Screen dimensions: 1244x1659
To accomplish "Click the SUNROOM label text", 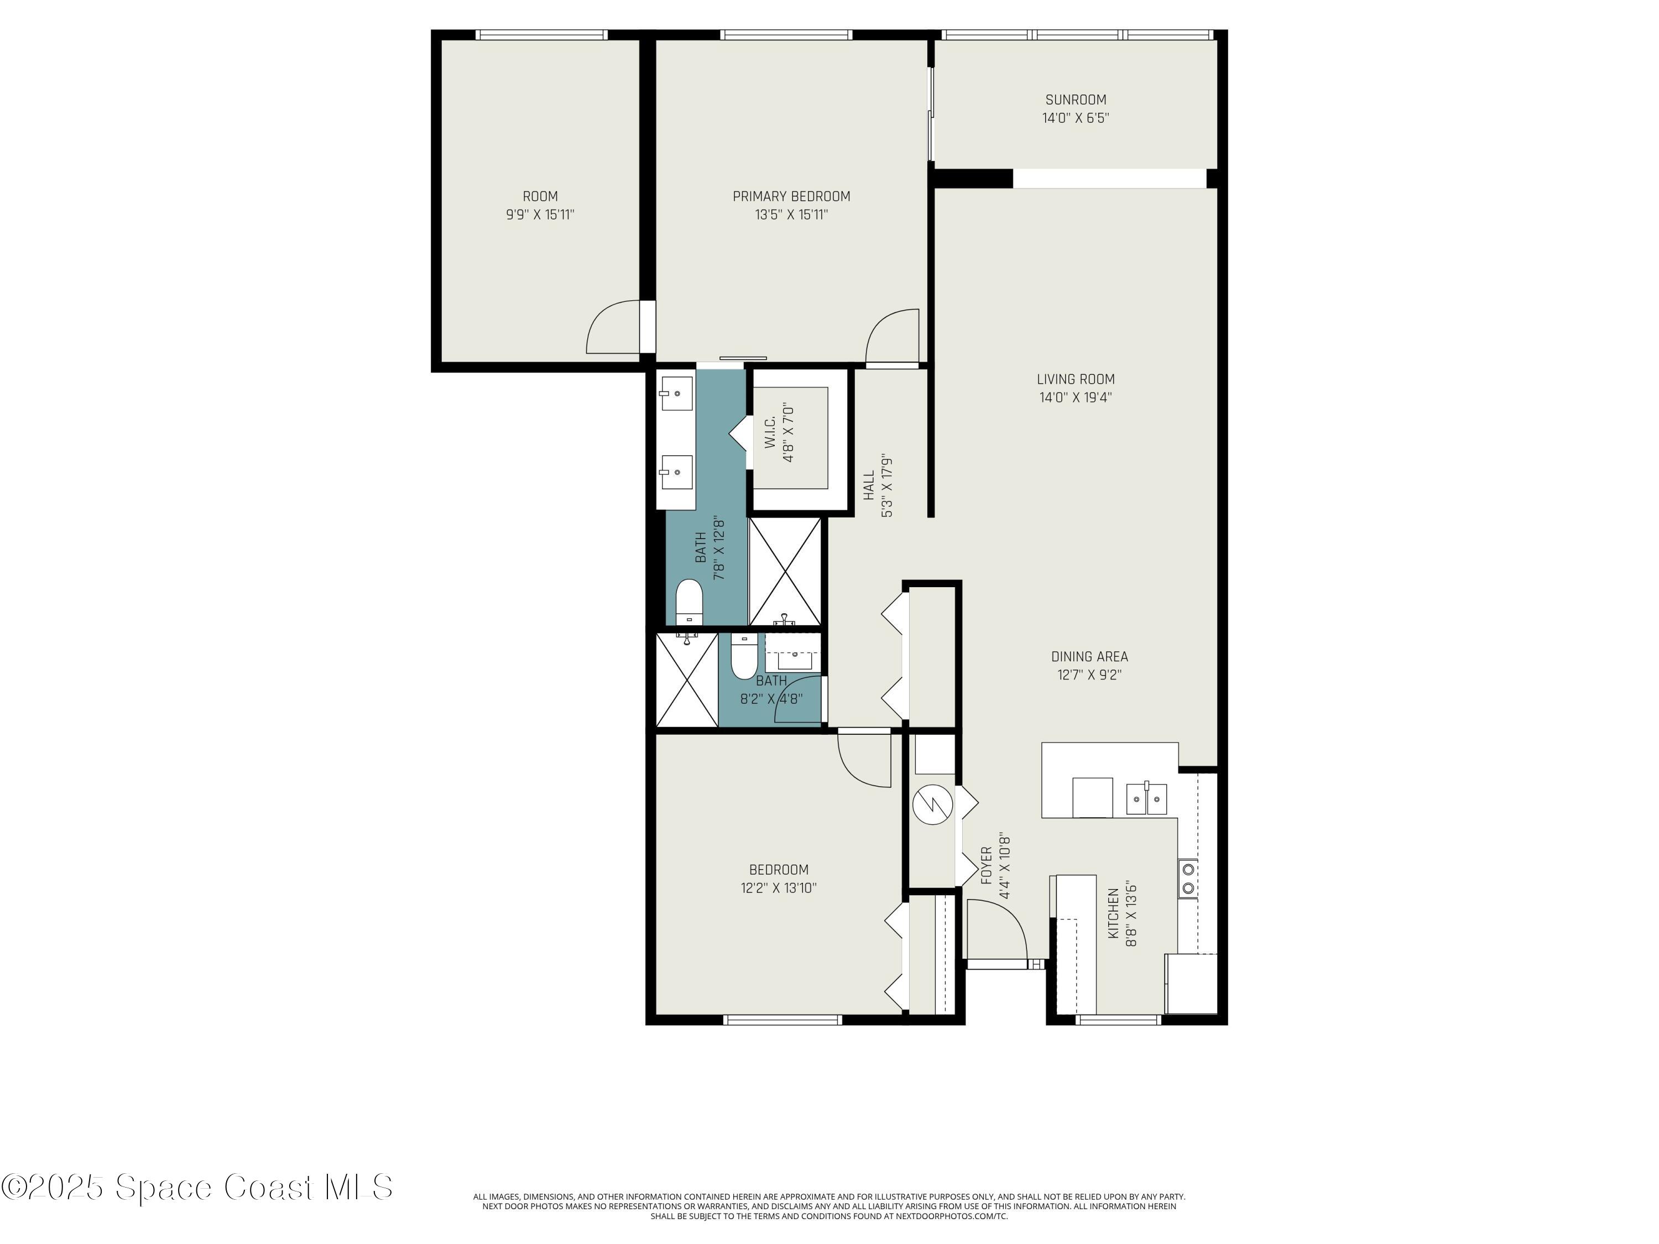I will pyautogui.click(x=1076, y=100).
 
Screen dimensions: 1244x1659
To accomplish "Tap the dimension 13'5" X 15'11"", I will pyautogui.click(x=791, y=215).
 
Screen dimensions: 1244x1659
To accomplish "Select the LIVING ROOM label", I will pyautogui.click(x=1076, y=379).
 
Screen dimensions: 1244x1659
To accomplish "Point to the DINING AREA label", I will pyautogui.click(x=1089, y=657).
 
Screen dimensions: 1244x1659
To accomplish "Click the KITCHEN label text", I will pyautogui.click(x=1114, y=913).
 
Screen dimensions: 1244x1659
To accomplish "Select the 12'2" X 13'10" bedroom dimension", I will pyautogui.click(x=779, y=888).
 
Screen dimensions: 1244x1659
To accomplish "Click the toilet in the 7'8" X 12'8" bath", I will pyautogui.click(x=688, y=602).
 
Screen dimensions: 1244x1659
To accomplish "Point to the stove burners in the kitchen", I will pyautogui.click(x=1187, y=879).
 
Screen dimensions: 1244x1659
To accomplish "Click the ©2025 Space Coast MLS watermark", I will pyautogui.click(x=196, y=1187).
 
